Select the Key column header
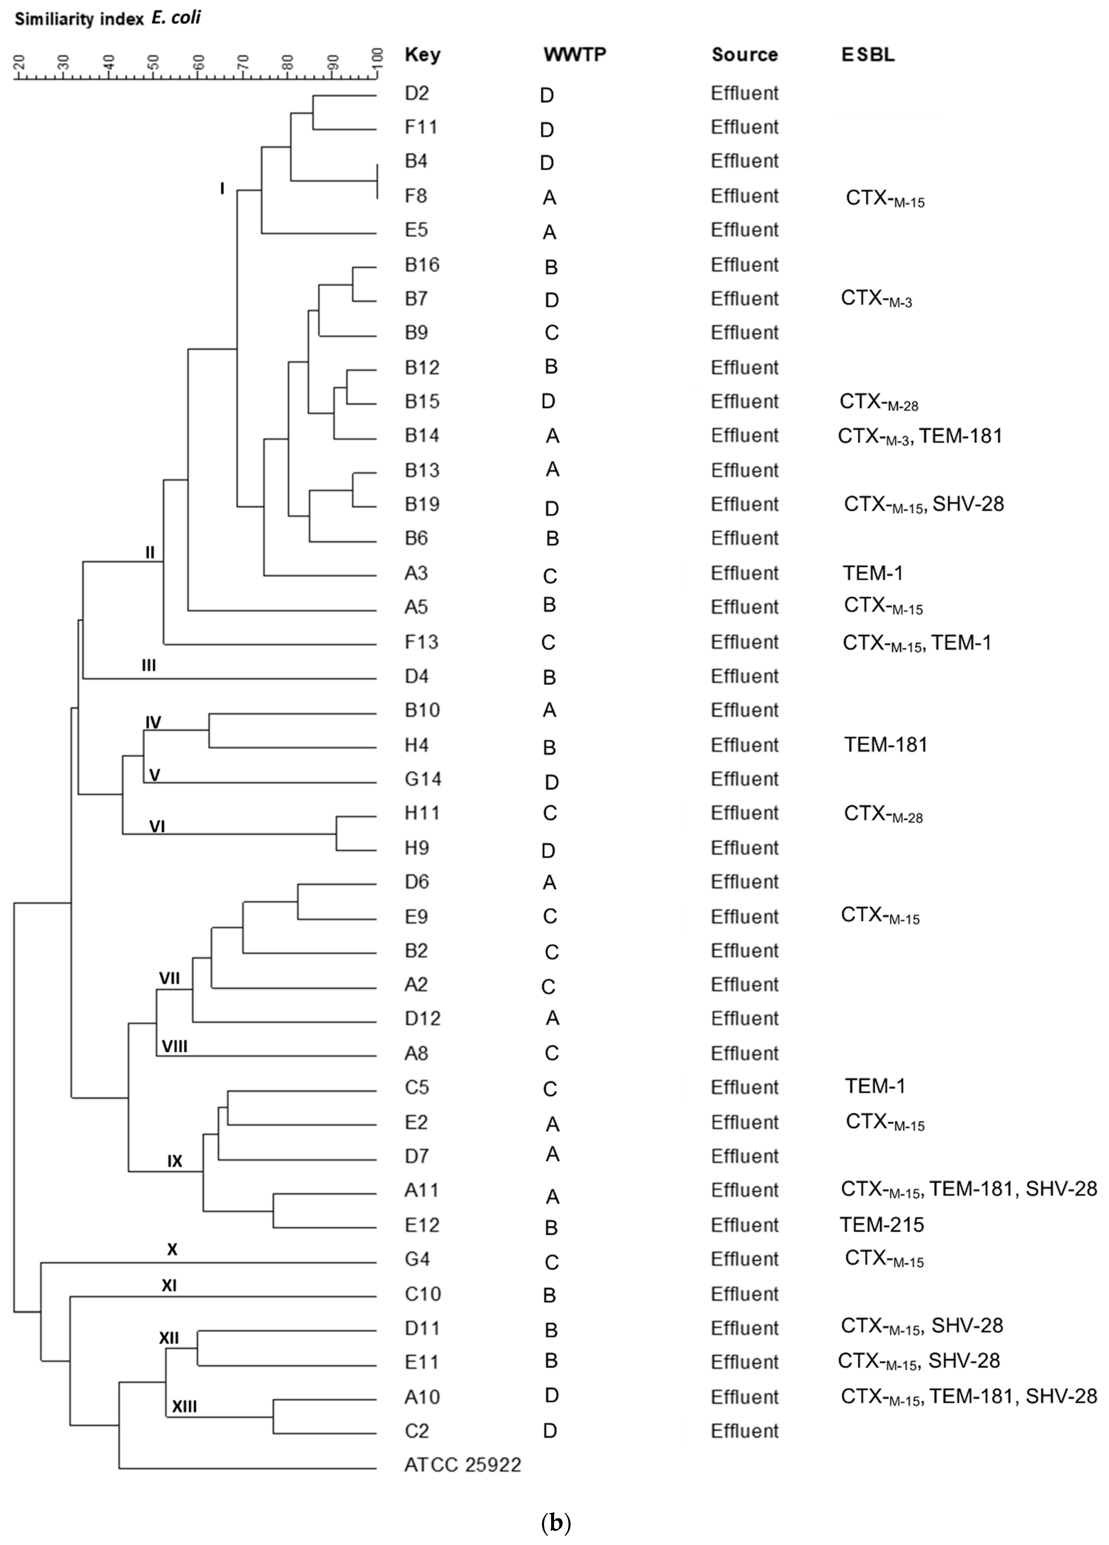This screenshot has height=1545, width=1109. (422, 54)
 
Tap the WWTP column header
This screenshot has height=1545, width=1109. (574, 54)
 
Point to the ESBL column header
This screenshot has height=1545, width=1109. (868, 54)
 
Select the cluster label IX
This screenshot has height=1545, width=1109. (175, 1161)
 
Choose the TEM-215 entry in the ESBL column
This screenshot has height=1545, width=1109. (881, 1225)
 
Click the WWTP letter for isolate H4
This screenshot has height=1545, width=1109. (549, 747)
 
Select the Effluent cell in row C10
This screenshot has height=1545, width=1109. (745, 1294)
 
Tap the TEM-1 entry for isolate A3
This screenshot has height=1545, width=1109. (873, 573)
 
